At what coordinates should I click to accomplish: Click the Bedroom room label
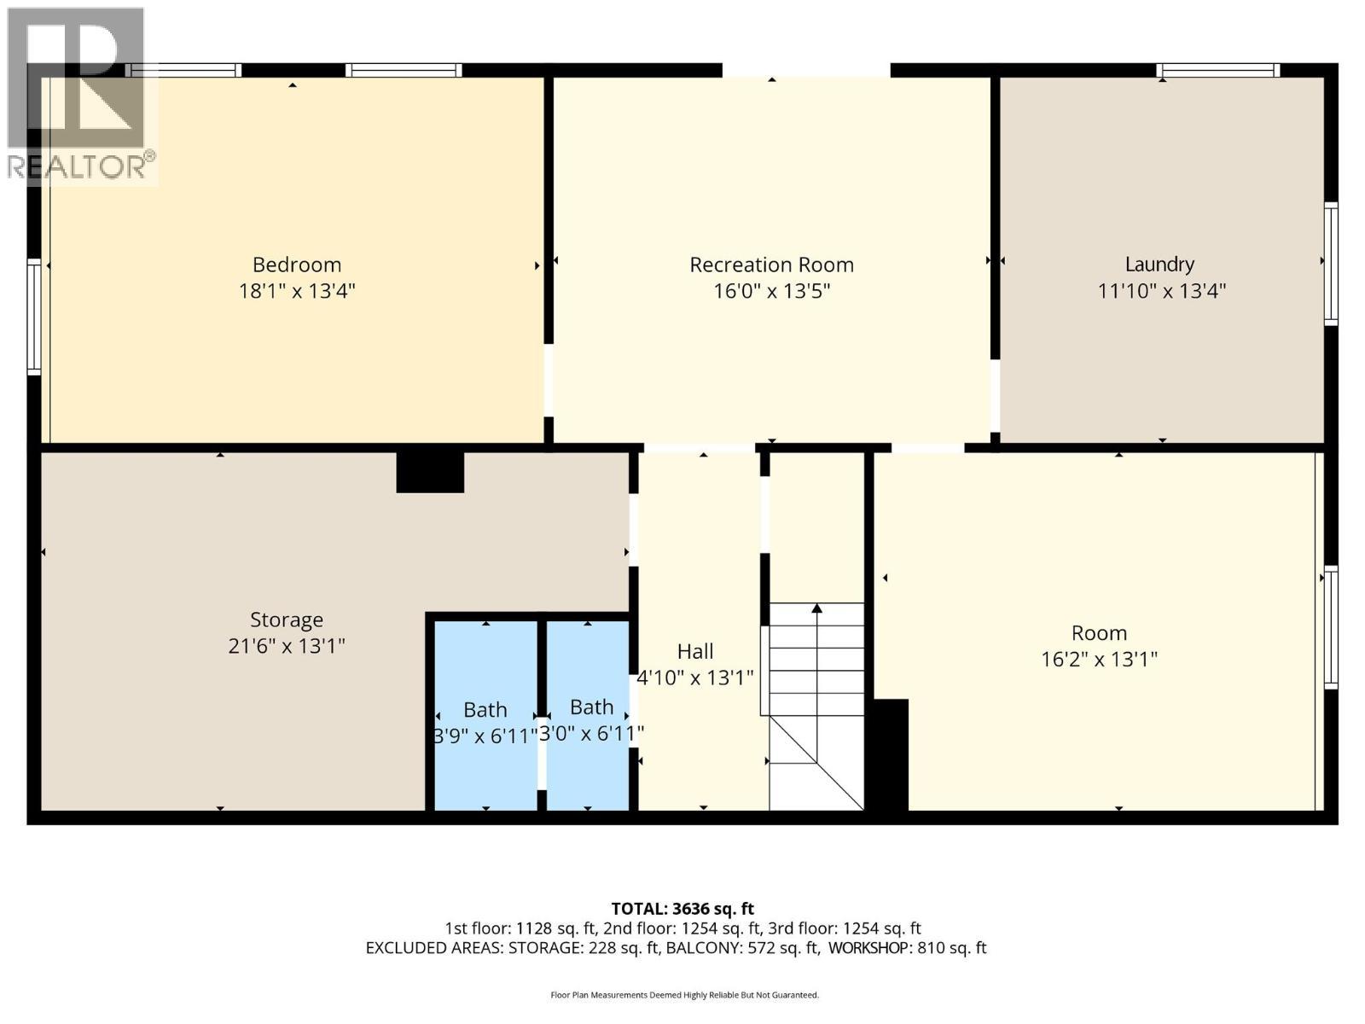pos(297,265)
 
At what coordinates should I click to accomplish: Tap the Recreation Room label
pos(771,265)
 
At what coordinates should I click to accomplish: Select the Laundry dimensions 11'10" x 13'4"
pos(1161,291)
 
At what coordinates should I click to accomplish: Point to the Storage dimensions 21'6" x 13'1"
pos(286,647)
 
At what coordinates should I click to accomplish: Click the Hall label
pos(694,652)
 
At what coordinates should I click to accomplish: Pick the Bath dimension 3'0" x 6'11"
pos(590,734)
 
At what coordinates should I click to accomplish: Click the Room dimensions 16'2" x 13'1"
pos(1099,659)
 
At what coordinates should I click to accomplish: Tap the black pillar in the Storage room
pos(430,473)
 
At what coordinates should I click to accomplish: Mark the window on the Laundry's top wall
pos(1218,70)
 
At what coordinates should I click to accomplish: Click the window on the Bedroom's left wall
pos(34,317)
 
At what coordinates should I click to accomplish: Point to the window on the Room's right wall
pos(1331,627)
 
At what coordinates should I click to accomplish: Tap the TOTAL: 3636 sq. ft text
pos(682,909)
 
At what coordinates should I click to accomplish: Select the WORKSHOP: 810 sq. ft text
pos(908,947)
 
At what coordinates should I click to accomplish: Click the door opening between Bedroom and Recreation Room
pos(549,381)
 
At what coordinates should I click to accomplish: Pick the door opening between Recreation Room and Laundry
pos(995,396)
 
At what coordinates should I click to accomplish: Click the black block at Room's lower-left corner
pos(888,755)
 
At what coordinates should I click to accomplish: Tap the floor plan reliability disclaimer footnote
pos(685,995)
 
